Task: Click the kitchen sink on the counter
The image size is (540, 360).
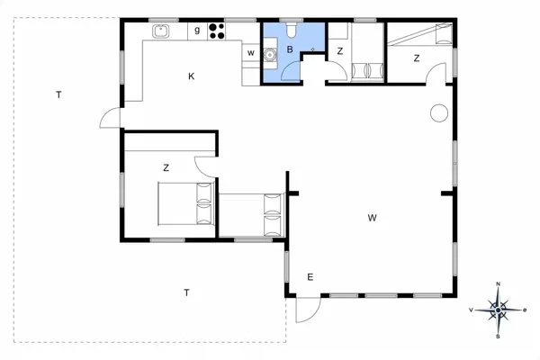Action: [x=161, y=31]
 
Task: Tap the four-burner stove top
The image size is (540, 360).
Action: [x=217, y=31]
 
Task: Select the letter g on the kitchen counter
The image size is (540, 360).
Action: [x=197, y=31]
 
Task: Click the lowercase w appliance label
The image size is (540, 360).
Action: [x=251, y=53]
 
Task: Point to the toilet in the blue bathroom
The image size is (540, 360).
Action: [x=292, y=30]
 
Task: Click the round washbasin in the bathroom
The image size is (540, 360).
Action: [x=270, y=54]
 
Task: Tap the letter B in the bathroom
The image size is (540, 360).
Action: [x=290, y=49]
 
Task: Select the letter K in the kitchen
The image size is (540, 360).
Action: [x=192, y=76]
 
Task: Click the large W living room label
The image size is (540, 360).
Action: [x=372, y=218]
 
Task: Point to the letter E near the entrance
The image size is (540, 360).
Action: [x=310, y=277]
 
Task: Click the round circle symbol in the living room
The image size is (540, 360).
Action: [x=439, y=113]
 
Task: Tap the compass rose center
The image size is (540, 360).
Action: [x=498, y=310]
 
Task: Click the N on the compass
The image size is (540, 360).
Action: [x=498, y=283]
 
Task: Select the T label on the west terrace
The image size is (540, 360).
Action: [x=58, y=94]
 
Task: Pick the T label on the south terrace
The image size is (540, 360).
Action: [x=186, y=292]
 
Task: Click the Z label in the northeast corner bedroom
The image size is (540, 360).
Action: [x=417, y=58]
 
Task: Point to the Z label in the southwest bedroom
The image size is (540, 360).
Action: [x=166, y=167]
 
